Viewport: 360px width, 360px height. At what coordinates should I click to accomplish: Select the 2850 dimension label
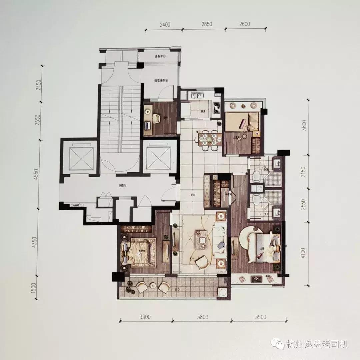pyautogui.click(x=206, y=24)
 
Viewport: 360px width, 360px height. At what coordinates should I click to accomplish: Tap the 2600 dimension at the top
pyautogui.click(x=244, y=24)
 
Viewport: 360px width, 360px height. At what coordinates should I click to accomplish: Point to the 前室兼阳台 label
pyautogui.click(x=160, y=80)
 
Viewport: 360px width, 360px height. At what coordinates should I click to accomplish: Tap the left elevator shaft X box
pyautogui.click(x=81, y=159)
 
